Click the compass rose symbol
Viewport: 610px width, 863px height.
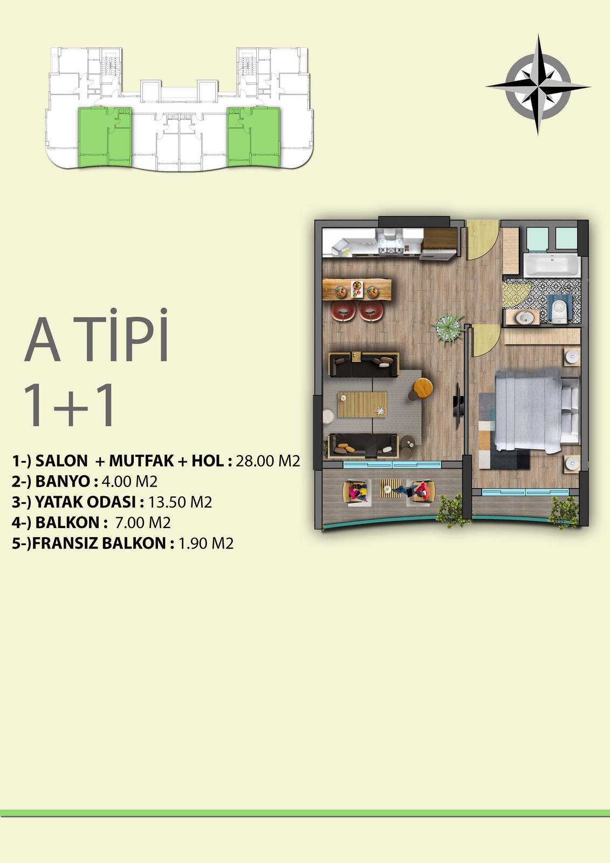538,86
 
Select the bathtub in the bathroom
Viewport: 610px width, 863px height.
552,265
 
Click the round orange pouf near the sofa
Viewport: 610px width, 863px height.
423,387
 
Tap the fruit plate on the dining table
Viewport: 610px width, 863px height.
357,289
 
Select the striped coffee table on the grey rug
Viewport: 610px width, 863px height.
362,404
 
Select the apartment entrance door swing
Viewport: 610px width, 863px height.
483,239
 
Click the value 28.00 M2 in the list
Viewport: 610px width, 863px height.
268,461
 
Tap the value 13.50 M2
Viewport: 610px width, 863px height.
180,502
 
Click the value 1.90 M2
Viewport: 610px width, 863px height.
206,543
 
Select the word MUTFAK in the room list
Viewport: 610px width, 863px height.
141,461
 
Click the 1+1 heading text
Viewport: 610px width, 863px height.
70,405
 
